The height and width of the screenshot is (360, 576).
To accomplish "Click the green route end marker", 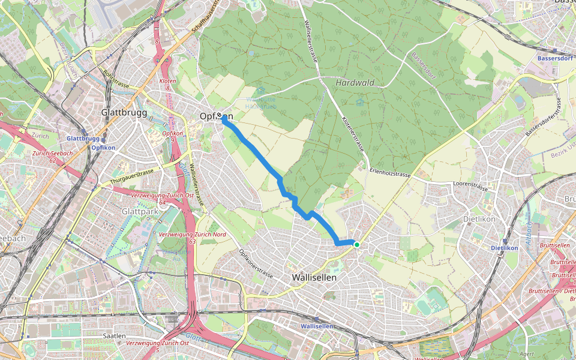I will click(356, 244).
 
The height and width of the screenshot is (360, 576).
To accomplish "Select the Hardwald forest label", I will click(355, 83).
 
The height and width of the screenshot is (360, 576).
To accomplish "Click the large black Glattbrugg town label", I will click(124, 112).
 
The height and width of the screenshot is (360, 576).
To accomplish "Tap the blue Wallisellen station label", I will click(316, 326).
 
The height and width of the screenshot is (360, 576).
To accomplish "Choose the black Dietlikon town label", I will click(479, 219).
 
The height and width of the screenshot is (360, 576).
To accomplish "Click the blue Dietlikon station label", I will click(504, 247).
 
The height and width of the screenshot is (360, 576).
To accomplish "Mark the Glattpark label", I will click(138, 212).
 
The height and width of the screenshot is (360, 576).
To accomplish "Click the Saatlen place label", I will click(115, 336).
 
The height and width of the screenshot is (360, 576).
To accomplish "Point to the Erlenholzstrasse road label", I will click(391, 174).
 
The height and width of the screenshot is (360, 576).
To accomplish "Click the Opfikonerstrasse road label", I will click(257, 264).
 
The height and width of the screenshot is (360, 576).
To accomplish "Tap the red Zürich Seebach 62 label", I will click(45, 156).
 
